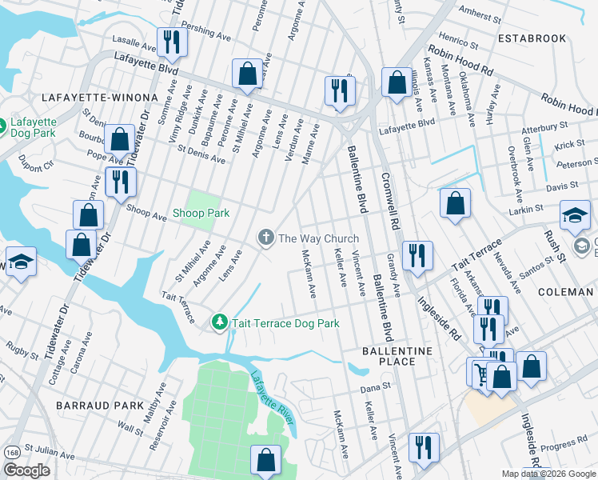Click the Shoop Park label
pos(201,213)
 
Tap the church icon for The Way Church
pos(265,238)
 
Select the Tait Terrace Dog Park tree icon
pos(219,322)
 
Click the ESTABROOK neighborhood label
pos(531,38)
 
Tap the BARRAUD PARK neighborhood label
pos(88,406)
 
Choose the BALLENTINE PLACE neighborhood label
pos(397,356)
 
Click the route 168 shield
pos(11,452)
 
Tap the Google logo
pos(27,470)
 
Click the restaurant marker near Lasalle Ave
pos(171,41)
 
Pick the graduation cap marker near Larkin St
pos(575,215)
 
